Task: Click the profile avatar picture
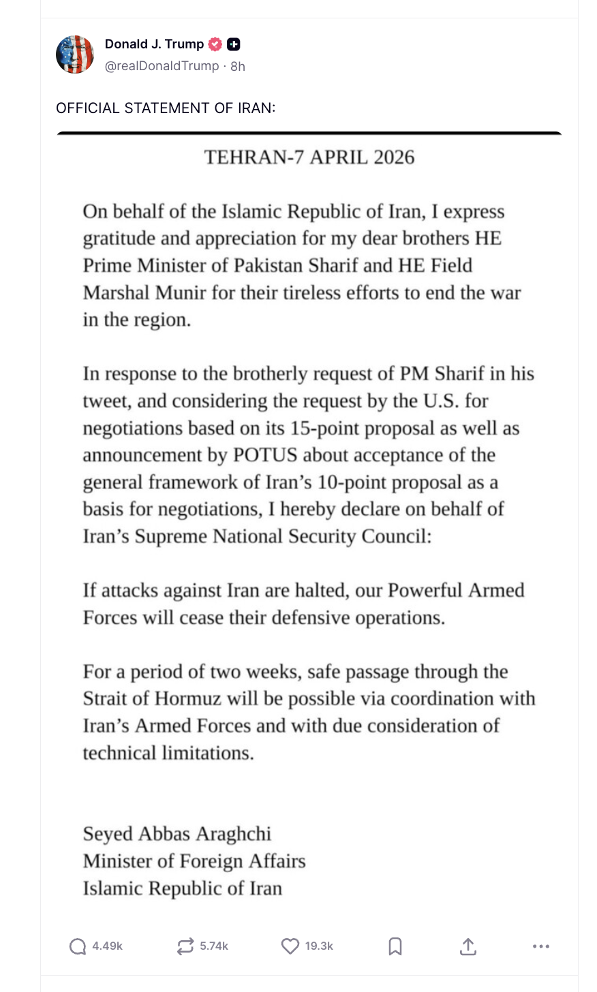(75, 55)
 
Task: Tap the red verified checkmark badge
(215, 44)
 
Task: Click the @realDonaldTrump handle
(162, 66)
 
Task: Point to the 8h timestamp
(238, 66)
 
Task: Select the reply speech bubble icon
(78, 946)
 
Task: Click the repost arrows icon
(185, 946)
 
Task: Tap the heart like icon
(290, 946)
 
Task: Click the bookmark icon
(395, 946)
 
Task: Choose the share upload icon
(468, 946)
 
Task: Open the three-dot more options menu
(540, 946)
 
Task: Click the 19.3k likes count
(319, 946)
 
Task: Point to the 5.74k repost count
(214, 946)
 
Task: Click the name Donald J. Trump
(154, 44)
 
